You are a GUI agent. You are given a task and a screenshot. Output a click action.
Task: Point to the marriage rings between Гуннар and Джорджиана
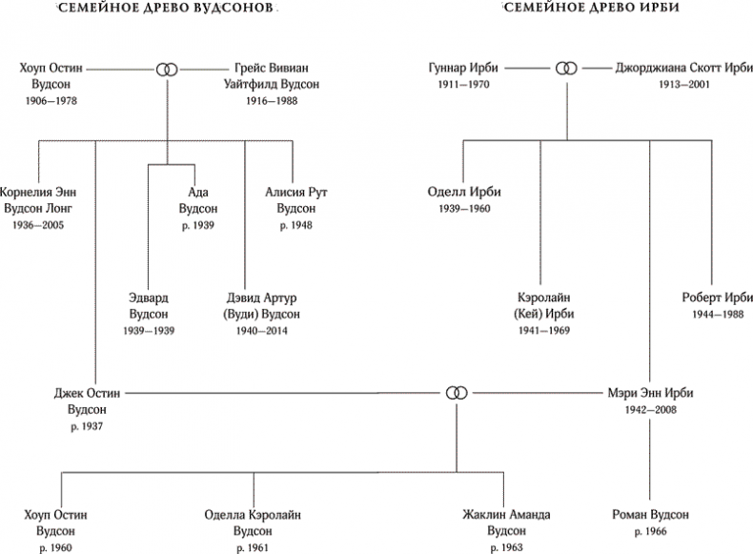pos(566,69)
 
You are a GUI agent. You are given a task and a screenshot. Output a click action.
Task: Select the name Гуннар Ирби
pos(461,69)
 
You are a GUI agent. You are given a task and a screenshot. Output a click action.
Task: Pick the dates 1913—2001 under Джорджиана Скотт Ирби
pos(683,85)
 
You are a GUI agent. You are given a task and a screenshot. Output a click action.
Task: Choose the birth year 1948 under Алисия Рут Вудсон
pos(296,225)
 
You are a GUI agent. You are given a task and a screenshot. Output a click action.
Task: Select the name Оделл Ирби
pos(464,192)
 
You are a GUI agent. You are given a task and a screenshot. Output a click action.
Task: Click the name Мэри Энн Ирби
pos(650,392)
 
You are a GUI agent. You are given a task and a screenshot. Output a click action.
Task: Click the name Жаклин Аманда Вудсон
pos(507,523)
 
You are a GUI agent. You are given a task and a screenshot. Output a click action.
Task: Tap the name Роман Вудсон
pos(651,515)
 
